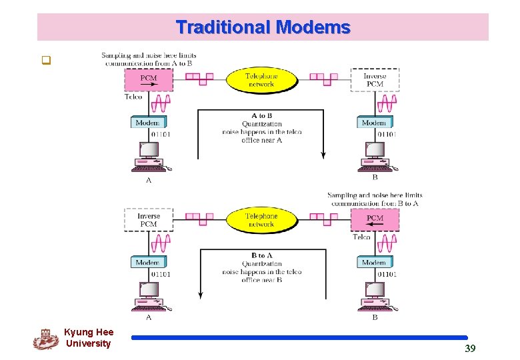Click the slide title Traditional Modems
tap(263, 27)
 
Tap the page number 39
tap(469, 348)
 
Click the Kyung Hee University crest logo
tap(45, 339)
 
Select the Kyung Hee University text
tap(89, 338)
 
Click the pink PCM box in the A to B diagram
tap(148, 79)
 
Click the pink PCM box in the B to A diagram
tap(374, 219)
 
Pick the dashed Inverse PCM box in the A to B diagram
tap(375, 79)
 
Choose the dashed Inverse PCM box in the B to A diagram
tap(148, 220)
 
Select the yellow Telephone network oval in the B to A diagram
tap(261, 220)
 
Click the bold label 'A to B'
tap(261, 115)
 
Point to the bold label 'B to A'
tap(261, 255)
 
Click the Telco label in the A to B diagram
tap(133, 97)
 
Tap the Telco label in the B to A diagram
tap(361, 237)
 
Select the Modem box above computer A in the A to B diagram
tap(147, 123)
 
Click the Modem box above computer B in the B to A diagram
tap(373, 263)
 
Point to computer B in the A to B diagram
tap(374, 157)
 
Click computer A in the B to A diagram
tap(148, 297)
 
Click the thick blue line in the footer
tap(299, 338)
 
